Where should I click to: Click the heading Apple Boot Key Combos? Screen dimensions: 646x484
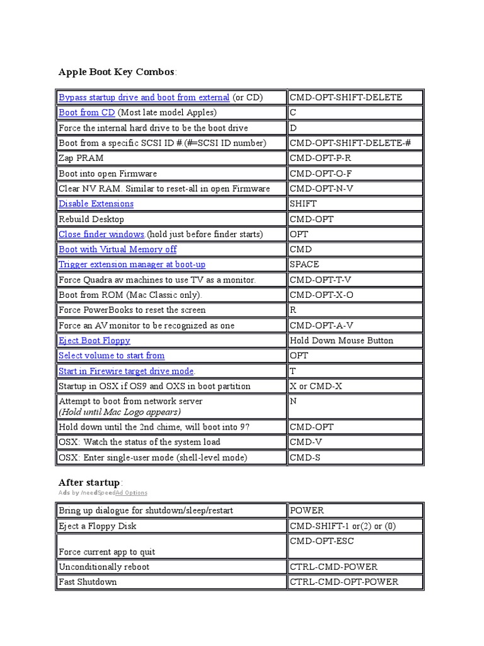[117, 72]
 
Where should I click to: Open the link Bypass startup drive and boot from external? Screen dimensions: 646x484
[144, 97]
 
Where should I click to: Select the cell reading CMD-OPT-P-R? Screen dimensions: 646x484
[320, 158]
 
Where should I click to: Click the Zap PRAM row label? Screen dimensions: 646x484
[81, 158]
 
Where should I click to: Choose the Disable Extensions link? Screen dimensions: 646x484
[96, 204]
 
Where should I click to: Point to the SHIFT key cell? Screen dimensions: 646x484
[303, 204]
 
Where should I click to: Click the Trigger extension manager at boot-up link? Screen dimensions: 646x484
[132, 264]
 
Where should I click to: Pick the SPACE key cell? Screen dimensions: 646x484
[304, 264]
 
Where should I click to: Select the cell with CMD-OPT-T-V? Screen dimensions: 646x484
[321, 279]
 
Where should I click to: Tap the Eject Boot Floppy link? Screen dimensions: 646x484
[94, 341]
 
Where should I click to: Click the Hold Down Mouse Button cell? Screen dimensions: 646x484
[341, 341]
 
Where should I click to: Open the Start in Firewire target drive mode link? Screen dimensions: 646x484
[126, 371]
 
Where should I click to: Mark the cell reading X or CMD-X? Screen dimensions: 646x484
[316, 386]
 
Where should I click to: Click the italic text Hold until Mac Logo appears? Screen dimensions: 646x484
[120, 412]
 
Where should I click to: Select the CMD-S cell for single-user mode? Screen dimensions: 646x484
[305, 457]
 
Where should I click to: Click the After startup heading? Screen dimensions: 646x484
[88, 483]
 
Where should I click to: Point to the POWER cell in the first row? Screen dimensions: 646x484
[306, 510]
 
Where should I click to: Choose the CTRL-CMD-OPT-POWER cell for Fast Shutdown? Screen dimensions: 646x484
[343, 582]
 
